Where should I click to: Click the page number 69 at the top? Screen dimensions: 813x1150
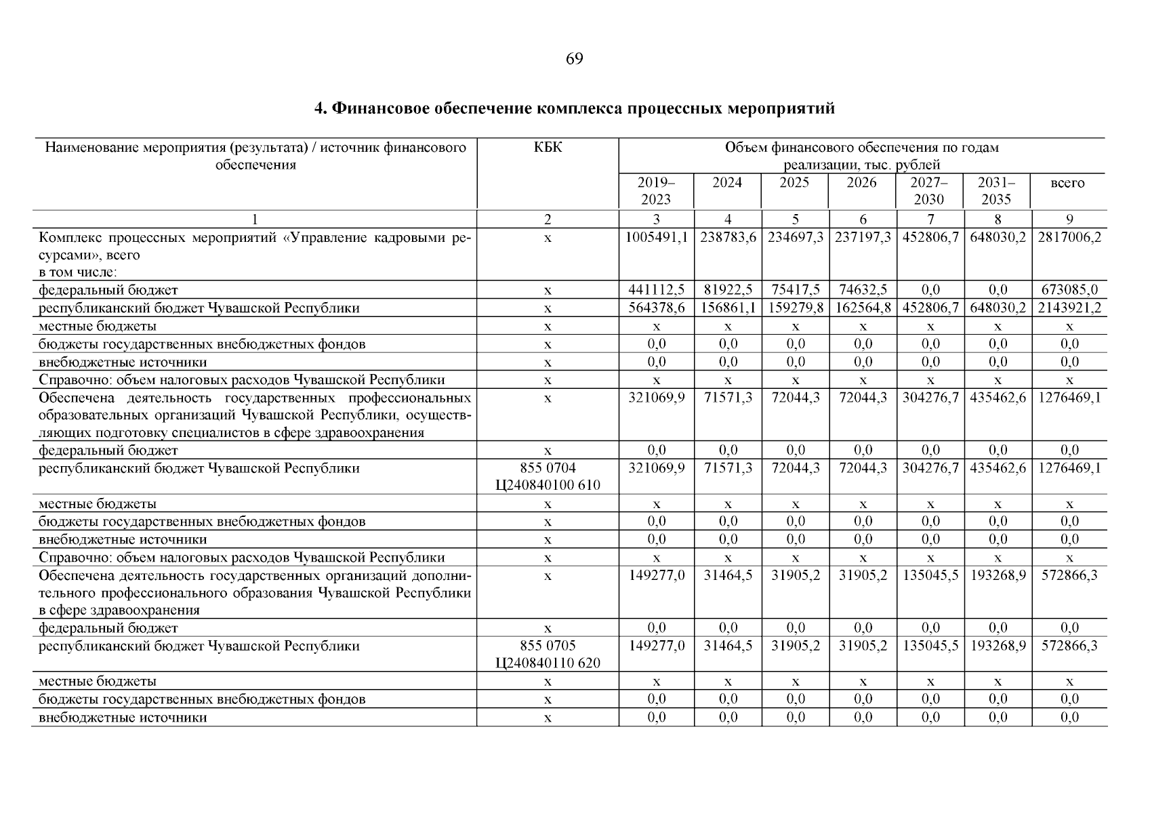coord(574,60)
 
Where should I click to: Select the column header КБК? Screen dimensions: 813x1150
coord(548,148)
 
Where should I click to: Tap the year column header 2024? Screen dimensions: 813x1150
coord(727,183)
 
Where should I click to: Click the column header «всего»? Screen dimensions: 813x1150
coord(1067,183)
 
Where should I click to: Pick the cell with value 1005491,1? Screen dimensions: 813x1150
coord(657,238)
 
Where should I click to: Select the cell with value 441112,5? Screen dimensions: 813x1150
coord(657,291)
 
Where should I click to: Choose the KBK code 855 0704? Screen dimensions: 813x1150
coord(548,468)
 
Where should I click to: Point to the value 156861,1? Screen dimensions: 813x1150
coord(728,308)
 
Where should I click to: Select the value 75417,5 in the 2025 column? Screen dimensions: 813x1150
coord(795,291)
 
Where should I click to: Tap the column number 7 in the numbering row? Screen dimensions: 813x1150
coord(930,220)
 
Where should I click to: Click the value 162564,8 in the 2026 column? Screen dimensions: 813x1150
coord(863,308)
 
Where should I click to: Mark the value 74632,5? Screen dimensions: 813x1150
coord(863,291)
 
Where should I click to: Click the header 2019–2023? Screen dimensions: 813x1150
coord(655,191)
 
